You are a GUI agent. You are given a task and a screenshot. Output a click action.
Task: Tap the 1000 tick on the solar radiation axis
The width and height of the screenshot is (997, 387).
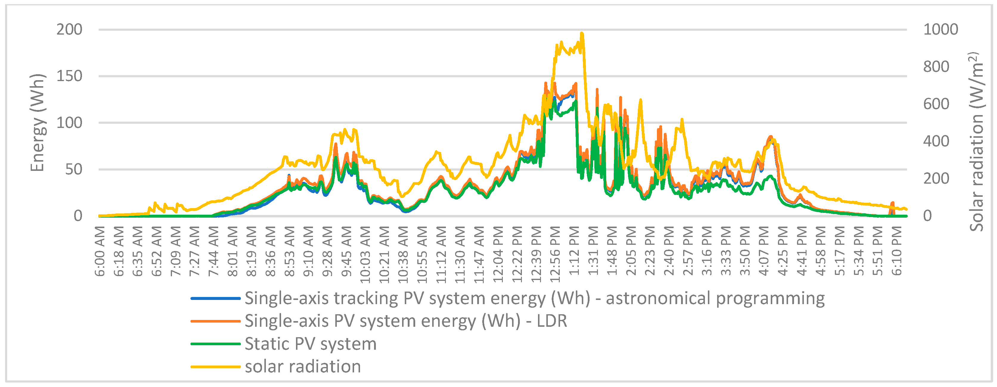(x=940, y=30)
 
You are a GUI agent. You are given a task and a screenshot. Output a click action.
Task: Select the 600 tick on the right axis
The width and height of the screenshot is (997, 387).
(x=936, y=104)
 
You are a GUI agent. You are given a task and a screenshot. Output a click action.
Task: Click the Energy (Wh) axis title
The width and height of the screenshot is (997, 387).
(x=38, y=123)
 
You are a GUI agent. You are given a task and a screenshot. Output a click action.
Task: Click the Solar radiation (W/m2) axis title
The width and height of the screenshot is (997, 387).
(x=976, y=141)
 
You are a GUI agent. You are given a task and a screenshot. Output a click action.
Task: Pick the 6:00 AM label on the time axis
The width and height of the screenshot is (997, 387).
(x=100, y=252)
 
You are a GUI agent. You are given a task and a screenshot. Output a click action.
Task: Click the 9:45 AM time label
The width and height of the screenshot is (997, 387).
(x=346, y=252)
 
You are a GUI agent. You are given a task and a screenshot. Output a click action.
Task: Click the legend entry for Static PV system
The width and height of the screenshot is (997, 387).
(x=310, y=344)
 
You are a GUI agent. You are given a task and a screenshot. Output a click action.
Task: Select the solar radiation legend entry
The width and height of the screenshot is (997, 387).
(x=303, y=366)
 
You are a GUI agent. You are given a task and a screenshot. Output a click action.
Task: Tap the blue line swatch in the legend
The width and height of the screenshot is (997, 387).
(x=215, y=298)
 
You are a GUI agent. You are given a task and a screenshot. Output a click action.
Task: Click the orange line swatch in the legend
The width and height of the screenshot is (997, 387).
(x=215, y=321)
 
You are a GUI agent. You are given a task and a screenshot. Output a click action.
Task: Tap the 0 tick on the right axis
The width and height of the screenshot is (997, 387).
(x=928, y=216)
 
